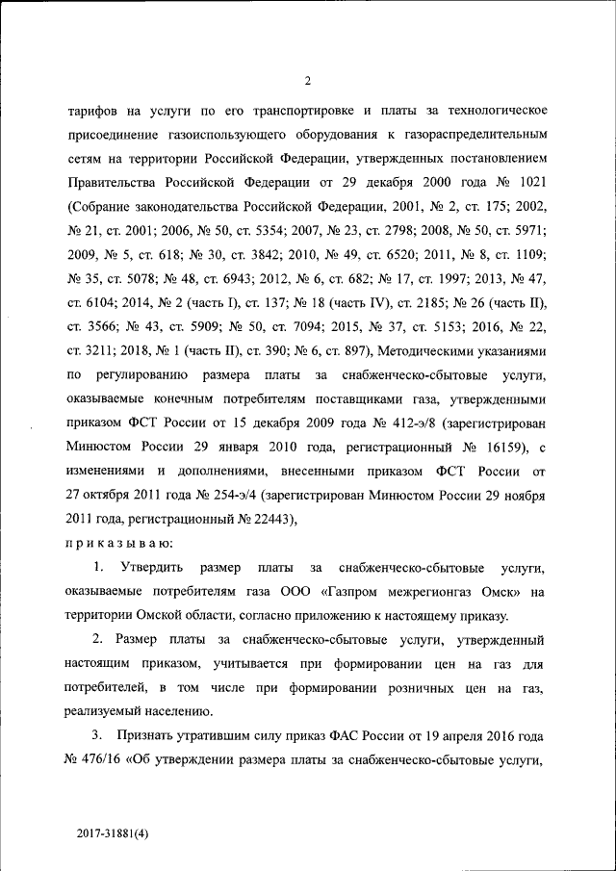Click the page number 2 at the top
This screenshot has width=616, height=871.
click(307, 81)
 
